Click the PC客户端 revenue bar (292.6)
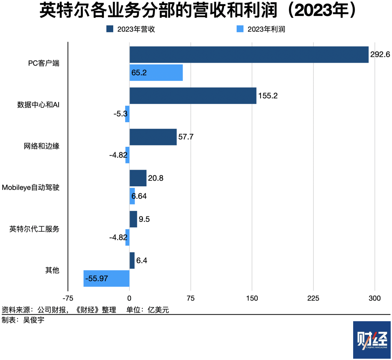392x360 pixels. (x=249, y=55)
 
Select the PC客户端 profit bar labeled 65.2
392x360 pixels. (x=156, y=73)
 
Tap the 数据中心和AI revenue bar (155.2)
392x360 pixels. (x=193, y=96)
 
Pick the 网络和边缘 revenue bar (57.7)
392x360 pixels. (x=153, y=137)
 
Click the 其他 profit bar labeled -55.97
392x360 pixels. (x=106, y=278)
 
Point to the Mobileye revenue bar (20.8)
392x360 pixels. (x=138, y=178)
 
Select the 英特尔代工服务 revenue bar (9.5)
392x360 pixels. (x=133, y=219)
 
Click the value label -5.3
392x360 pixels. (x=121, y=114)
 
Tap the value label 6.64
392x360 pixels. (x=139, y=196)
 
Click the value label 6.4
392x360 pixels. (x=142, y=260)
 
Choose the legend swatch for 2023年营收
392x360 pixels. (x=110, y=29)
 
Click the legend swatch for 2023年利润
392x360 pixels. (x=240, y=29)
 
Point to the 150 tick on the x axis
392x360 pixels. (x=252, y=298)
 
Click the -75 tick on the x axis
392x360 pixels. (x=68, y=298)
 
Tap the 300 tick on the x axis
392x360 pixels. (x=375, y=298)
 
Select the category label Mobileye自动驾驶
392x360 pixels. (x=30, y=187)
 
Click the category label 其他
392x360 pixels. (x=52, y=270)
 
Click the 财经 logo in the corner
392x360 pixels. (x=372, y=340)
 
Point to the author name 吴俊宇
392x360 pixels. (x=34, y=320)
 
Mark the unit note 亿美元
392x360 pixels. (x=158, y=310)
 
